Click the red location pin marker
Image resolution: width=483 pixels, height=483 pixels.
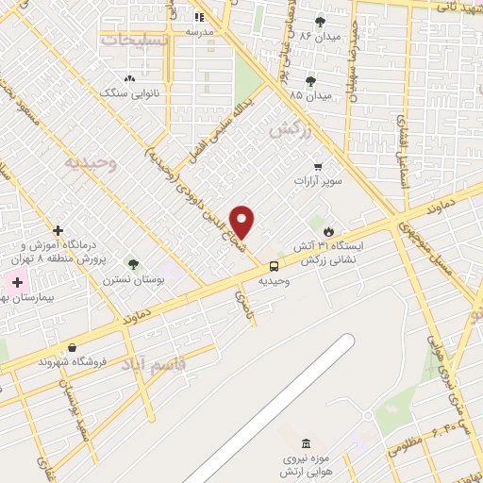(x=243, y=222)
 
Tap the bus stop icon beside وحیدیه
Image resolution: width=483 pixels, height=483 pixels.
(x=274, y=266)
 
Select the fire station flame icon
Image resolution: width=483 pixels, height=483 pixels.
(x=328, y=230)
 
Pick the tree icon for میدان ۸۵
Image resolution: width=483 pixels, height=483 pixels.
(x=310, y=81)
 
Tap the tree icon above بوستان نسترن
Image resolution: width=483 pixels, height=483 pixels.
(x=133, y=264)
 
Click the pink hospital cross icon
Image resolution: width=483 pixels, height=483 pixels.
(x=16, y=282)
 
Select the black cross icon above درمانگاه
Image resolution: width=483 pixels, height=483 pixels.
(x=58, y=229)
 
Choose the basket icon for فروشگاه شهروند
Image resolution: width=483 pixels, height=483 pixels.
(x=72, y=346)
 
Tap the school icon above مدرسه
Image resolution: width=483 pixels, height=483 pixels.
(x=199, y=17)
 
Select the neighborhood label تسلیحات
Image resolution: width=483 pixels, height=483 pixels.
(x=137, y=41)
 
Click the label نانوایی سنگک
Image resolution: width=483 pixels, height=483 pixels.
(x=129, y=93)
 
